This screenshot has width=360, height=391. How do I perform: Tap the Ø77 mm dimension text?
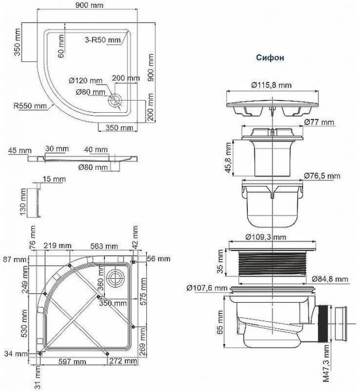point(319,122)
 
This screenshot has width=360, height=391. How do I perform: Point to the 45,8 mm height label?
point(228,157)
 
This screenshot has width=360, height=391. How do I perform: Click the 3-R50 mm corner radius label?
point(103,41)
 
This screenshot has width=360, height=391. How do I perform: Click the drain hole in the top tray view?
point(116,100)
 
